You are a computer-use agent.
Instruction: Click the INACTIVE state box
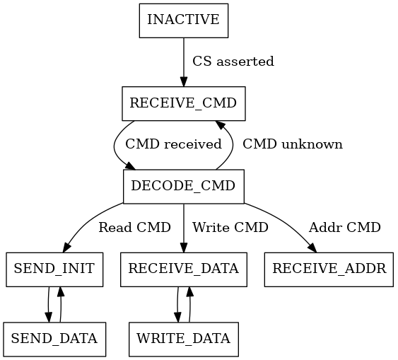click(x=184, y=21)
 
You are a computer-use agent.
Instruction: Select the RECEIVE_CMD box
click(x=184, y=103)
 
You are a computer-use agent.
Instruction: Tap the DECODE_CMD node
click(x=184, y=187)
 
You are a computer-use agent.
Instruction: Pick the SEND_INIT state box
click(x=54, y=269)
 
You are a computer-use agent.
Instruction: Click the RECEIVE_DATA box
click(x=184, y=269)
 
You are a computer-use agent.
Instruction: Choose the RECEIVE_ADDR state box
click(x=329, y=269)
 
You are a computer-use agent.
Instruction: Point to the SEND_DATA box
click(x=54, y=339)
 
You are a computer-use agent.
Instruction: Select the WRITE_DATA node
click(x=184, y=339)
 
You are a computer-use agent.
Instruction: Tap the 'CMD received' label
click(x=173, y=144)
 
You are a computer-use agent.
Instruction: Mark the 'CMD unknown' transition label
click(x=292, y=144)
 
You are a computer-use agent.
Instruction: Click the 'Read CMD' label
click(x=134, y=228)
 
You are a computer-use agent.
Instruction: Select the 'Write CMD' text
click(x=230, y=228)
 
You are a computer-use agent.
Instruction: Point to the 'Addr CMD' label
click(x=345, y=228)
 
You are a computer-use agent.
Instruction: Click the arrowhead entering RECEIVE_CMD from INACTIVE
click(x=184, y=81)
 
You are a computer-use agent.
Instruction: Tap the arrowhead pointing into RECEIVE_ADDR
click(x=312, y=247)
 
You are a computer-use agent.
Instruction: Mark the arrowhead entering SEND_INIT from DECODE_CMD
click(x=68, y=247)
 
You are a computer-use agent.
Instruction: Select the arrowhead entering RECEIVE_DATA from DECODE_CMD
click(x=184, y=248)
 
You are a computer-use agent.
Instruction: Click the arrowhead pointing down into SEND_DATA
click(x=49, y=317)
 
